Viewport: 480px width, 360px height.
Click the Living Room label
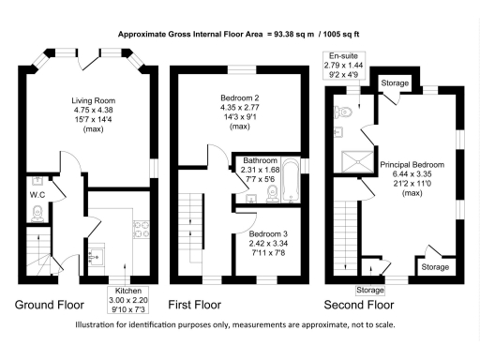pyautogui.click(x=92, y=97)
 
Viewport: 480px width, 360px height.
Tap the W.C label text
pyautogui.click(x=37, y=195)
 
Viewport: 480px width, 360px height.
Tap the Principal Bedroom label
pyautogui.click(x=412, y=164)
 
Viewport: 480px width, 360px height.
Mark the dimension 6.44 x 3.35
pyautogui.click(x=412, y=174)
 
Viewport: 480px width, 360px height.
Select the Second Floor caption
pyautogui.click(x=359, y=306)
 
